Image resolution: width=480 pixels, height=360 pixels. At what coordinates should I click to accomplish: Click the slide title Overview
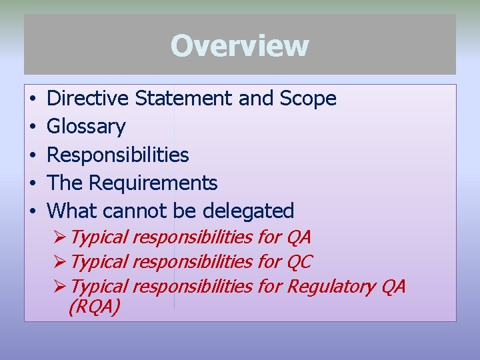(239, 46)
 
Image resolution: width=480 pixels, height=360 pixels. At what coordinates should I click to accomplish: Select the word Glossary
(86, 127)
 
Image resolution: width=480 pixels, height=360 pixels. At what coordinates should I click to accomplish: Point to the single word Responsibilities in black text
(118, 155)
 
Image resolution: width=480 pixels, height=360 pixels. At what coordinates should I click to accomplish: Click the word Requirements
(153, 183)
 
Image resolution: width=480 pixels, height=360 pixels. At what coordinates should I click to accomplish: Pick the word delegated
(247, 211)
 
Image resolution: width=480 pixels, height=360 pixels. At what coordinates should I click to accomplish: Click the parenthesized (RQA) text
(94, 307)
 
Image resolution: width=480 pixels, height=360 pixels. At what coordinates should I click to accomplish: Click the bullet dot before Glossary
(33, 127)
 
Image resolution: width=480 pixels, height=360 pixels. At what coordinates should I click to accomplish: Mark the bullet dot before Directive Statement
(33, 99)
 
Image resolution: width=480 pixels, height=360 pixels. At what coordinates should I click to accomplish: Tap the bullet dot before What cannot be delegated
(33, 211)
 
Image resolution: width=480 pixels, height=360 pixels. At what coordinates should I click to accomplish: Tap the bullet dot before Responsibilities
(33, 155)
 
